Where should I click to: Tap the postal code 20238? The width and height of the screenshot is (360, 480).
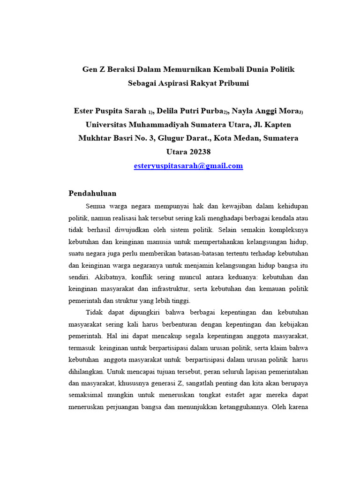[200, 152]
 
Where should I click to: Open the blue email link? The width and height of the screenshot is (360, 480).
[188, 166]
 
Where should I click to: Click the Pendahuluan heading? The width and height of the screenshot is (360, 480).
[92, 193]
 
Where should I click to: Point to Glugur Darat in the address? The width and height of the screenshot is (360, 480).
[180, 138]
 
